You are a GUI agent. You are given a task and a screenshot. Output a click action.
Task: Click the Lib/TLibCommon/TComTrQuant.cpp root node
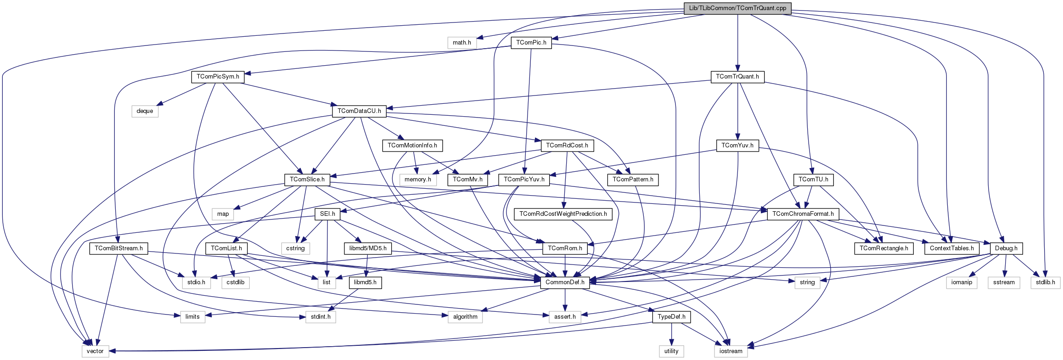737,8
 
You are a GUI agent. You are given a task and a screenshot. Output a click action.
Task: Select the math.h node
461,43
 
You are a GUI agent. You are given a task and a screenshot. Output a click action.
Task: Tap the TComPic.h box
531,43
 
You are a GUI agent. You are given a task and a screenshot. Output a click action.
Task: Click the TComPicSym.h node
218,77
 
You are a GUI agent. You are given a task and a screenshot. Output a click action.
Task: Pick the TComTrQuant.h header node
737,77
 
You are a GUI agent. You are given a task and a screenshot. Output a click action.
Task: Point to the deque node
145,111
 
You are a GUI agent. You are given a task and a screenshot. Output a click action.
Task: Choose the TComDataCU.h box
359,111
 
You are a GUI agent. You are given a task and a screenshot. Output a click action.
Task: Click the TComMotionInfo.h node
412,146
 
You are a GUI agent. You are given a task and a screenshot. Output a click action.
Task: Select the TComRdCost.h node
567,146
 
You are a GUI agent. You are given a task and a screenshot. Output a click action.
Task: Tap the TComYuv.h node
737,146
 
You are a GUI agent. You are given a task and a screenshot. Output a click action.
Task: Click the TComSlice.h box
307,180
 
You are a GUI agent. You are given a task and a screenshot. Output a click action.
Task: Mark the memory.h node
417,180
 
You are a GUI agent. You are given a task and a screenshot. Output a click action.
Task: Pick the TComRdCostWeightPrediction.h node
563,214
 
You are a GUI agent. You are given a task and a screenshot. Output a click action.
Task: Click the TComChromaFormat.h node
803,214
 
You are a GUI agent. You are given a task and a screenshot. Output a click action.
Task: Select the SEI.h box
327,214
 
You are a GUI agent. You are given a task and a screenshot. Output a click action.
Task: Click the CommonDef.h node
565,282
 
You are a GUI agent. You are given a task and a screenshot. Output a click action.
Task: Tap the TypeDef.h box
671,317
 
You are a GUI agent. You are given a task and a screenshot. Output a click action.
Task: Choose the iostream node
731,351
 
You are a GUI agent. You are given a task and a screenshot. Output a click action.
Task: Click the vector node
95,351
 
